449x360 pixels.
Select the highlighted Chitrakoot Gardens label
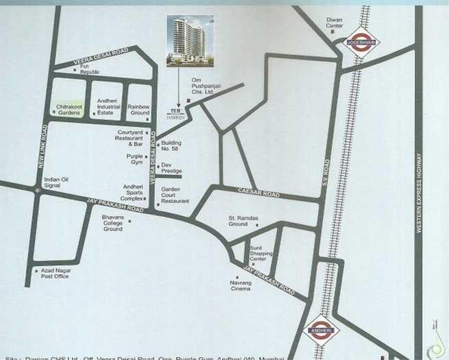coord(69,110)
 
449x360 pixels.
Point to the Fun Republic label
coord(90,69)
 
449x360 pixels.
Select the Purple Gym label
coord(134,159)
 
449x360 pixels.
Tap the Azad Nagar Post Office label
coord(56,274)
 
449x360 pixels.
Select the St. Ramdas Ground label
coord(243,221)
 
